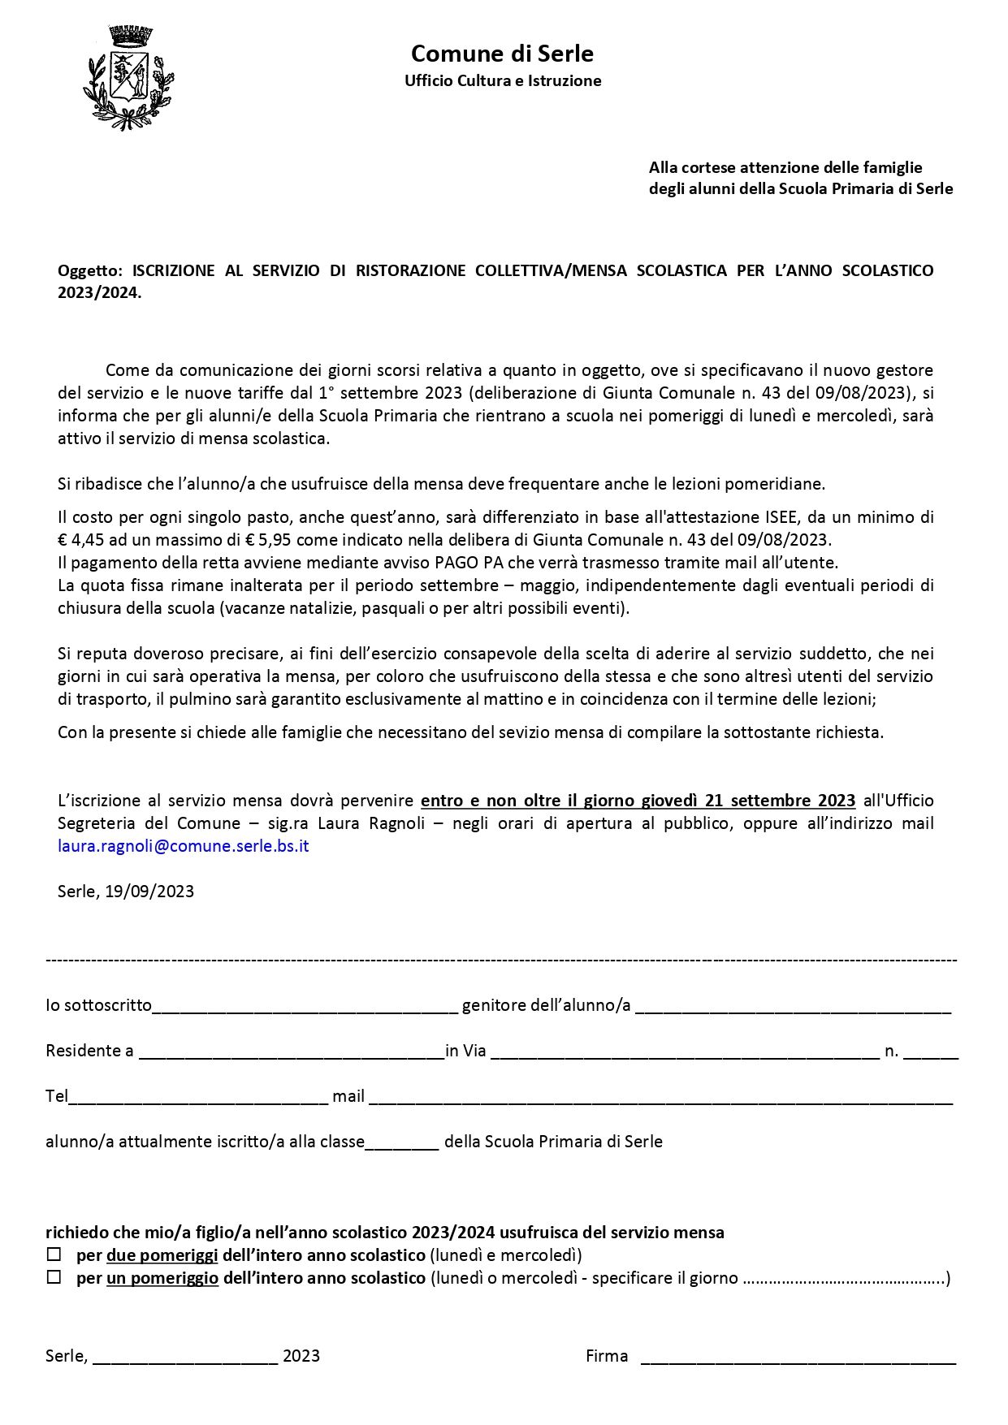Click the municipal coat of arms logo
click(x=128, y=78)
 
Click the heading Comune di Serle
click(x=502, y=54)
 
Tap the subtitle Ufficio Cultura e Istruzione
click(x=503, y=80)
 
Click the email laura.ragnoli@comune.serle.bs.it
click(x=184, y=845)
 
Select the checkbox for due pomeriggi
click(x=54, y=1254)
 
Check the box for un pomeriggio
click(x=54, y=1277)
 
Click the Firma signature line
click(x=798, y=1357)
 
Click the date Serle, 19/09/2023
click(x=126, y=891)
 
